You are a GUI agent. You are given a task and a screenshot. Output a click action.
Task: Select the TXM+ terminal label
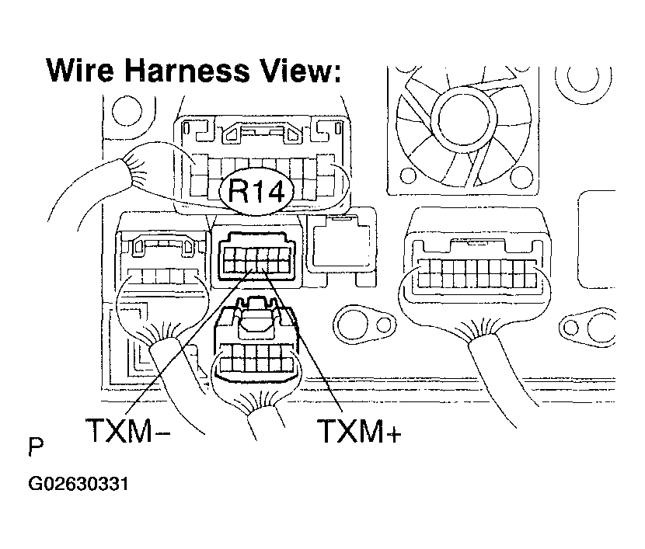(x=358, y=431)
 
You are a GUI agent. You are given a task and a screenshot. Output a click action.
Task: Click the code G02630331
(x=78, y=485)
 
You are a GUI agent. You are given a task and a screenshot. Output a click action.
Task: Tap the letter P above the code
(x=35, y=450)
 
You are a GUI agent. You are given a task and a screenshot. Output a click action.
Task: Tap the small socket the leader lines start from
(x=256, y=252)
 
